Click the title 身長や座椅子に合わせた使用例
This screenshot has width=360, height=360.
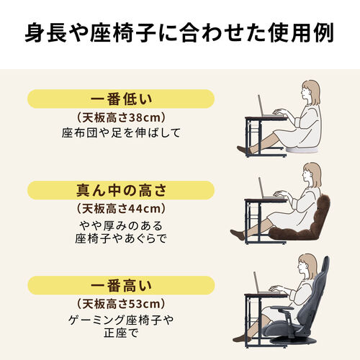pos(180,33)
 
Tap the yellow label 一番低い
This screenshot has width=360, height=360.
pos(121,99)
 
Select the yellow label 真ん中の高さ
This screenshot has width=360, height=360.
pos(121,190)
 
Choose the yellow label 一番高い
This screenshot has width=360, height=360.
pos(121,283)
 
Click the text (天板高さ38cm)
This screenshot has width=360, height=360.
pos(121,117)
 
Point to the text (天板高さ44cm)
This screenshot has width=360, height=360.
pos(121,209)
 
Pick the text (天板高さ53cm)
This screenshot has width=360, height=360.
pos(121,302)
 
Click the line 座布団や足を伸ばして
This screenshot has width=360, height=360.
pos(121,133)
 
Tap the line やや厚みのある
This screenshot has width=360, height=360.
pos(121,225)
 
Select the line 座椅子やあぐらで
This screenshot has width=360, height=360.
pos(121,239)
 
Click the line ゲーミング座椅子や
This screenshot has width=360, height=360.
pos(121,319)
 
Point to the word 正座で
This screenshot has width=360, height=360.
pos(121,333)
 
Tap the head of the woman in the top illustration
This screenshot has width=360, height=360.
pos(310,91)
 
